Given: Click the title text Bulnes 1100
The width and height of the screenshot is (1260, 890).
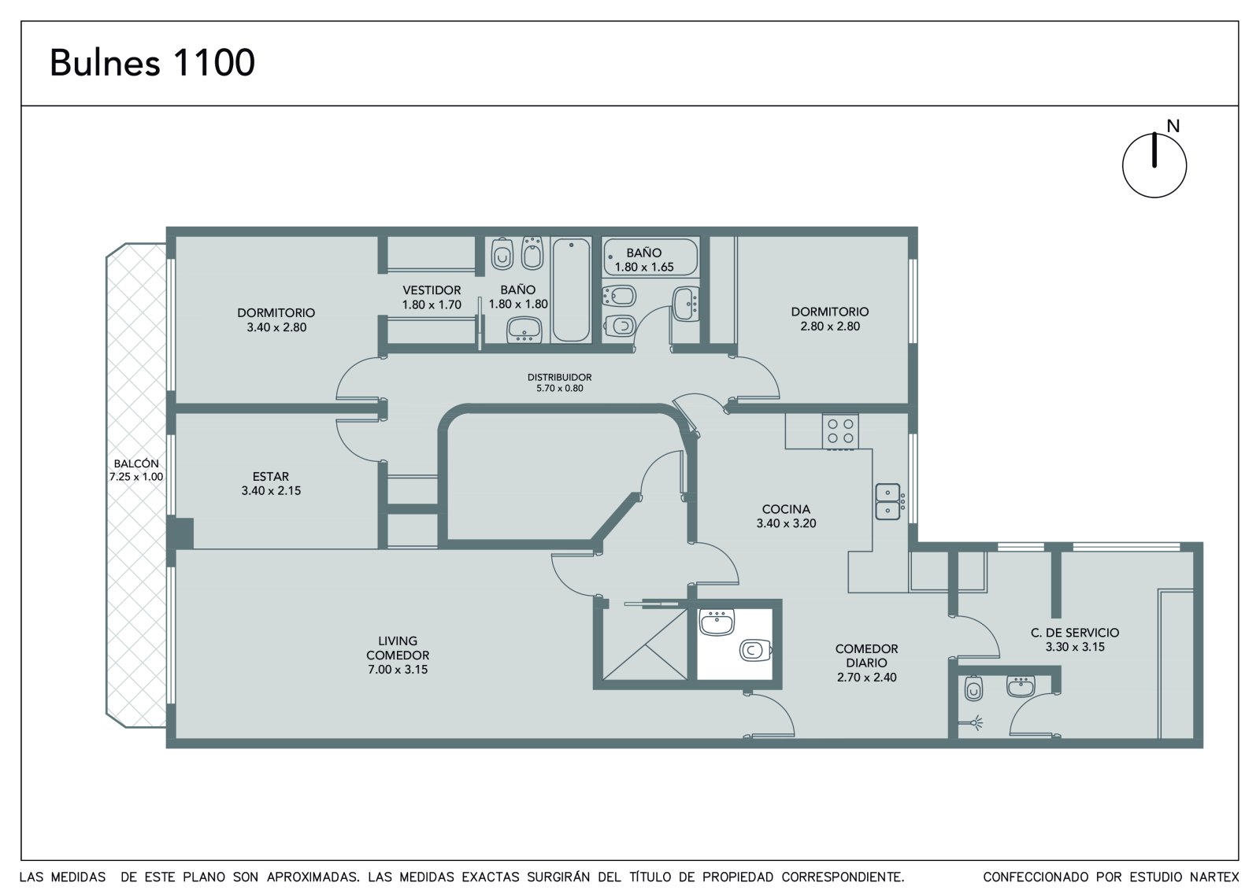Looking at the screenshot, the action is (x=153, y=63).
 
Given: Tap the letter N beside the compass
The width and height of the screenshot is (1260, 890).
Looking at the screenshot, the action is (x=1173, y=127).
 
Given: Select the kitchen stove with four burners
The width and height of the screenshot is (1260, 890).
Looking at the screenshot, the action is (x=840, y=432).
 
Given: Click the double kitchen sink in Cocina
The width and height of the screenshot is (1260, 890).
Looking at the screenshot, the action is (x=888, y=501).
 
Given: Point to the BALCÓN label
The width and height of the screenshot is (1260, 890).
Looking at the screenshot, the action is (x=136, y=463).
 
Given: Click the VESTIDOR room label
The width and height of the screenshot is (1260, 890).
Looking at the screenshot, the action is (x=432, y=290).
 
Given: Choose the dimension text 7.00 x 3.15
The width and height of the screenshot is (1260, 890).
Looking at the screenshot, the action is (x=398, y=670).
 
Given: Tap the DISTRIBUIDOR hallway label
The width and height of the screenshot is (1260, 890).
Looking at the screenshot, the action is (x=559, y=377).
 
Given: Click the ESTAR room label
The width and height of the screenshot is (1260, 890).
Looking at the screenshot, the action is (x=271, y=476).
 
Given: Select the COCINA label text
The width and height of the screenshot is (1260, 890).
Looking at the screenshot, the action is (x=786, y=509).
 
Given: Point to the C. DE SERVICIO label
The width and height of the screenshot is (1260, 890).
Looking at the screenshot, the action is (x=1075, y=633).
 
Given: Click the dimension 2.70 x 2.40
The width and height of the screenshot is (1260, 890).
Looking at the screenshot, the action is (x=867, y=678).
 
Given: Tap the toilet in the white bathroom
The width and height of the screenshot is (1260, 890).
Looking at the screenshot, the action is (x=755, y=651).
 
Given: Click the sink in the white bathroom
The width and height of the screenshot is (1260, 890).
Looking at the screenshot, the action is (x=717, y=622).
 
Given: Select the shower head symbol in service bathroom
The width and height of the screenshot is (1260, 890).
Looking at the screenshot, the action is (x=974, y=722).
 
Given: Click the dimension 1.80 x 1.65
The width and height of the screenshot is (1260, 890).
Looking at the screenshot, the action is (x=644, y=267).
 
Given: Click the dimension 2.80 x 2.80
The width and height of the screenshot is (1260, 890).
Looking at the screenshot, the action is (x=830, y=326).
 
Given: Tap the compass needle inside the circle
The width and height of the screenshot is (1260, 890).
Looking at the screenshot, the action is (x=1154, y=150).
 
